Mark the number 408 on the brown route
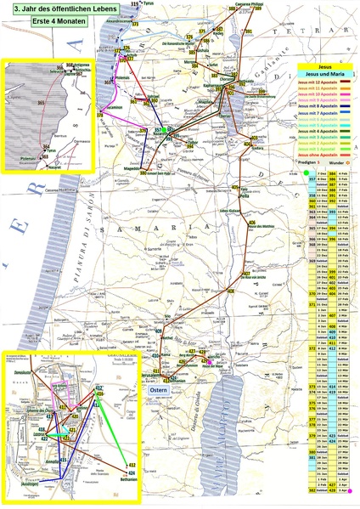click(x=230, y=291)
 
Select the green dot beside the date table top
click(x=305, y=172)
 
